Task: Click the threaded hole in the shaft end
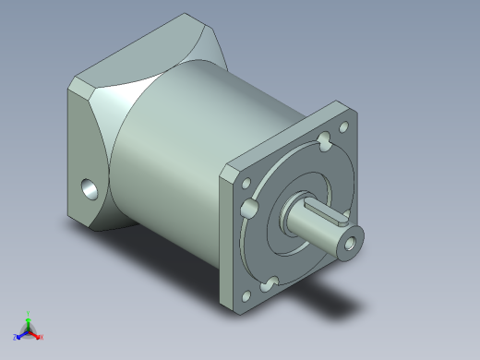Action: tap(350, 244)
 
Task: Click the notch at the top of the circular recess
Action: tap(324, 143)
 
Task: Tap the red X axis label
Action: tap(41, 337)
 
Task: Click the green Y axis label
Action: tap(29, 314)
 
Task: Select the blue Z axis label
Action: tap(16, 339)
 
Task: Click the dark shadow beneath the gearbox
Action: tap(332, 300)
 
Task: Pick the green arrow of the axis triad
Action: tap(28, 322)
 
